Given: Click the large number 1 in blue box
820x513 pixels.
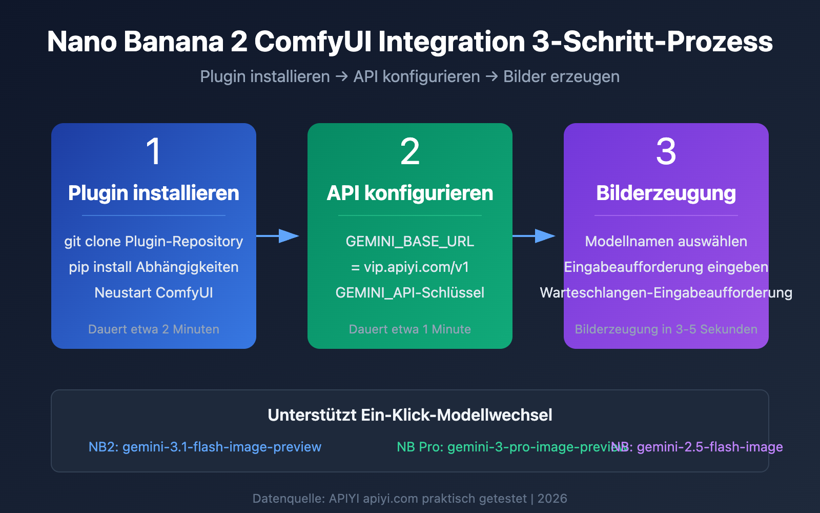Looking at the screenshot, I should click(x=153, y=152).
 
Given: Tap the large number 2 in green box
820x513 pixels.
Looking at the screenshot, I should click(x=409, y=152).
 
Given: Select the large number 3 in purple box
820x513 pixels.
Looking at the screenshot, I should click(x=666, y=152).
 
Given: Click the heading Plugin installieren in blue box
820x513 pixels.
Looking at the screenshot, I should click(x=153, y=193).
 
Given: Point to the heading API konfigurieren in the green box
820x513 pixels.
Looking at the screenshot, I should click(x=409, y=193).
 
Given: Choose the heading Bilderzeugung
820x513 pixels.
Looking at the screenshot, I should click(x=666, y=193).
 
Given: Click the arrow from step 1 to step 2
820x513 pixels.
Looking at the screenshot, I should click(x=279, y=236).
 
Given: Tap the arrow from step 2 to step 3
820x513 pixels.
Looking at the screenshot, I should click(x=536, y=236).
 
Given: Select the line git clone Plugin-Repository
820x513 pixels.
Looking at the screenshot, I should click(x=153, y=242).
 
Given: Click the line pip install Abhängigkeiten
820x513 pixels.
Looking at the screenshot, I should click(x=153, y=267).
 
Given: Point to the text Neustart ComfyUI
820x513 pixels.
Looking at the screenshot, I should click(x=153, y=293).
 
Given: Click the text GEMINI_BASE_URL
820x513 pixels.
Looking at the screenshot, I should click(x=409, y=242).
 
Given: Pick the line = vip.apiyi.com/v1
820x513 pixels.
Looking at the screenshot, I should click(x=409, y=267).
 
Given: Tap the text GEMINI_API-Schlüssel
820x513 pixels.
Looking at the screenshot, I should click(x=409, y=293).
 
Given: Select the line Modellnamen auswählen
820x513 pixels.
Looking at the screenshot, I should click(x=666, y=242).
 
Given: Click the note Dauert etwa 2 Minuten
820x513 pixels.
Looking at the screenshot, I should click(x=153, y=329).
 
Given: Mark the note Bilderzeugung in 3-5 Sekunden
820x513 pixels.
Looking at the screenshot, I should click(x=666, y=329).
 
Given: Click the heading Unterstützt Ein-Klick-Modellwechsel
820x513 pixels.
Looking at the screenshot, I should click(x=409, y=415).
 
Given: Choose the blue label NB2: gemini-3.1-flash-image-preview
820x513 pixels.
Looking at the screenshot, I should click(x=204, y=447).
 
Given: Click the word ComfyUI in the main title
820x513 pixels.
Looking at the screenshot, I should click(x=313, y=42).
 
